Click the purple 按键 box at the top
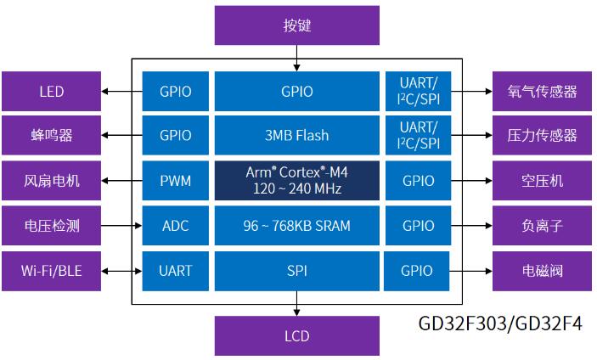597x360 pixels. click(296, 25)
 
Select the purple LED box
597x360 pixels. click(52, 91)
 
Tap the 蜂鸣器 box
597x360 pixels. click(52, 135)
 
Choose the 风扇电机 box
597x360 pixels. click(52, 180)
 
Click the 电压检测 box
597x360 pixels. click(52, 226)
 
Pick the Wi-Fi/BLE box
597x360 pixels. click(52, 271)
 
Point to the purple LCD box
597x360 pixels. click(296, 336)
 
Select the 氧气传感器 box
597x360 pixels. click(542, 91)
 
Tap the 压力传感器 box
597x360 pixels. click(542, 135)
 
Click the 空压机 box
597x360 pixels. click(542, 180)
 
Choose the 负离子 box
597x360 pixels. click(542, 226)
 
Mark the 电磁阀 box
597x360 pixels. click(542, 271)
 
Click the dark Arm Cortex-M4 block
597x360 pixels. click(296, 180)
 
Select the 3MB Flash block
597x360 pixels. click(296, 135)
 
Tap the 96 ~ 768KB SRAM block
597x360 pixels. click(296, 226)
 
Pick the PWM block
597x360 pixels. click(175, 180)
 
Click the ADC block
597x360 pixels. click(175, 226)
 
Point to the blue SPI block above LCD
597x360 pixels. click(296, 271)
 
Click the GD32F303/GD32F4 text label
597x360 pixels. click(500, 323)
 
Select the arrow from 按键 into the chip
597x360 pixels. click(296, 59)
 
